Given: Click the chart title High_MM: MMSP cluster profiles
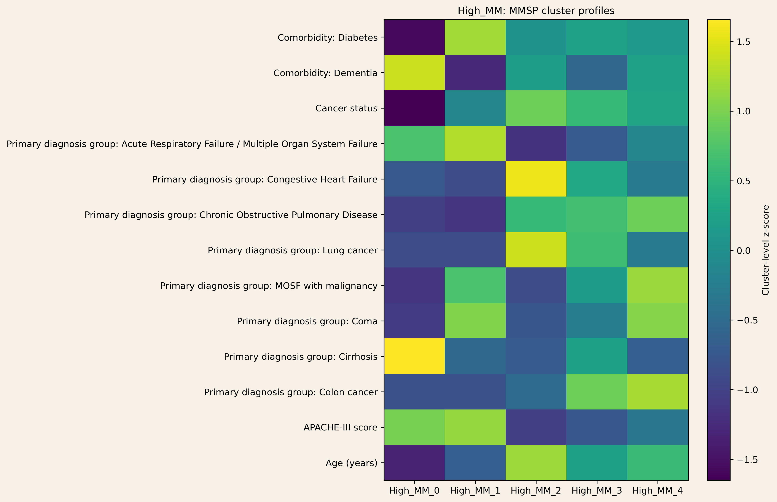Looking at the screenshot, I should pos(536,11).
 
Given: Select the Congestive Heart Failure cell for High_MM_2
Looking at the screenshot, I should pos(536,179).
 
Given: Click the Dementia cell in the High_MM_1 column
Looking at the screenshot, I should pos(475,72).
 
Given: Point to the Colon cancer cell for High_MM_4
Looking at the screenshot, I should pos(658,392).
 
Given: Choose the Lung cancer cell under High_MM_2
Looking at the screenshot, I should pos(536,250).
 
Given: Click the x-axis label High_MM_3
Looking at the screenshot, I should pos(597,491).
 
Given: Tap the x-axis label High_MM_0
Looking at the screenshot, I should pos(414,491).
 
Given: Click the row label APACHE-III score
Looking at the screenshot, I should pos(341,427).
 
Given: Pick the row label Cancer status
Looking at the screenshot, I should pos(346,108).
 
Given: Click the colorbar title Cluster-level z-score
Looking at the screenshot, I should pos(766,250).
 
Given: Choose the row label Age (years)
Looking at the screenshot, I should pos(351,463).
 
